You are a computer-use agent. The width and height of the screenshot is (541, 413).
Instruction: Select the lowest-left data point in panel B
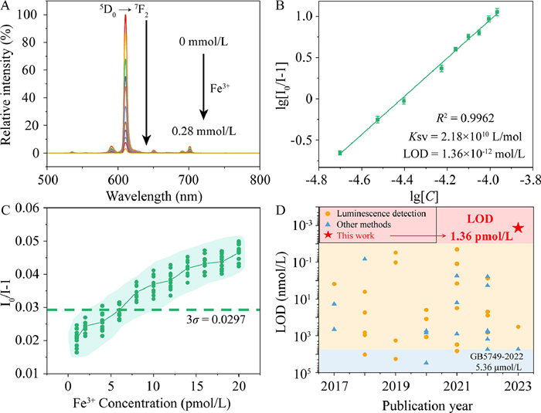tap(340, 153)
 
